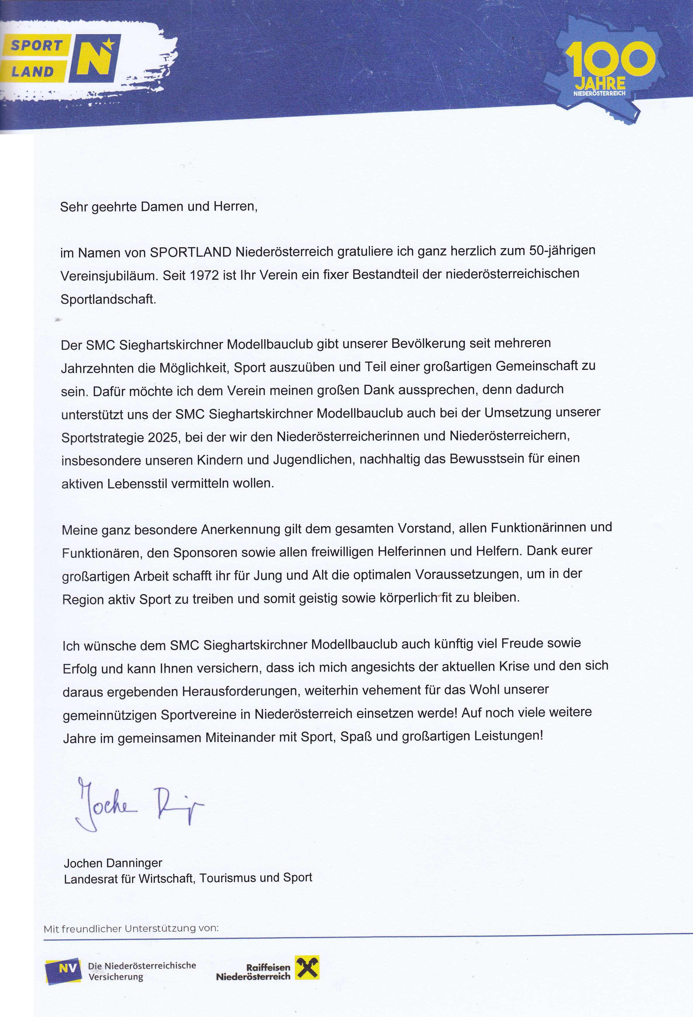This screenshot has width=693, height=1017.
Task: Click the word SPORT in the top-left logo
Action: [x=36, y=46]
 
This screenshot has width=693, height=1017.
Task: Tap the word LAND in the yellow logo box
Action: [x=32, y=71]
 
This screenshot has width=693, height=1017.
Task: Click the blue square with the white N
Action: [x=94, y=58]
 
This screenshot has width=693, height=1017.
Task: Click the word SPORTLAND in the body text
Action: [x=190, y=252]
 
